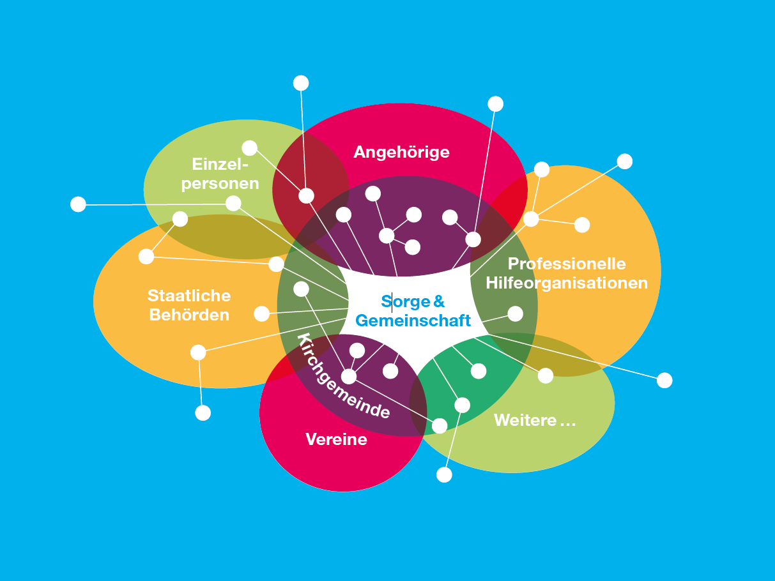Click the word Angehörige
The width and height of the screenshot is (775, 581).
point(401,152)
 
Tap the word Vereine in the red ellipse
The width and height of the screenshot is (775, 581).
point(336,439)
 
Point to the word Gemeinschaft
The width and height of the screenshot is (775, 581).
point(413,321)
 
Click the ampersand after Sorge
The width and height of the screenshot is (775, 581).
point(439,301)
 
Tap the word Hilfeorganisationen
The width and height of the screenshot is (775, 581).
point(567,283)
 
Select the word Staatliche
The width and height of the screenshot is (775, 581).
point(189,296)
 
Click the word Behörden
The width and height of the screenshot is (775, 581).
point(189,315)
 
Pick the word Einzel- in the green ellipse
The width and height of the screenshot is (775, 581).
point(220,164)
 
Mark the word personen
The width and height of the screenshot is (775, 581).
point(220,184)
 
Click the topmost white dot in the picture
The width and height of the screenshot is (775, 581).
point(301,83)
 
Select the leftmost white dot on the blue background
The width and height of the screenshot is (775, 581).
point(78,204)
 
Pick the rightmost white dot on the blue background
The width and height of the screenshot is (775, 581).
point(664,381)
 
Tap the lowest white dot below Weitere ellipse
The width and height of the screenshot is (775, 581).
point(444,475)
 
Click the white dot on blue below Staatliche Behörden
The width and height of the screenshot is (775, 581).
point(203,413)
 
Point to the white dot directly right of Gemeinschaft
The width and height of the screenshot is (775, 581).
point(515,313)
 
